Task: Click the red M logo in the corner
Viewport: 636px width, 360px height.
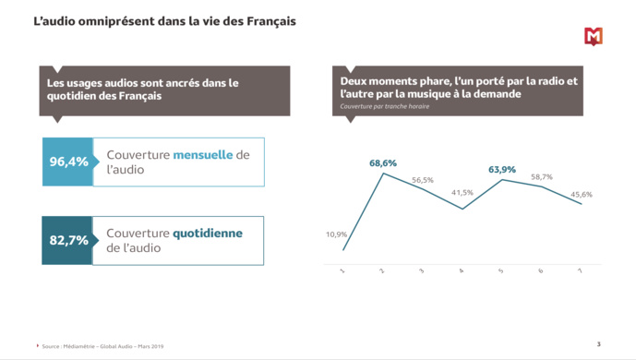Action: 594,37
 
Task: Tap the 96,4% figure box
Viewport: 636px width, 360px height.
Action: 68,162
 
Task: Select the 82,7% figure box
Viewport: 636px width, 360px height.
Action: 68,240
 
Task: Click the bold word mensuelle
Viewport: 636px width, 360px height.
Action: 203,155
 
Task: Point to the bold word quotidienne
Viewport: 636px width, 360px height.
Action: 208,234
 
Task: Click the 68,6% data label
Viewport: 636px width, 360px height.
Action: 383,163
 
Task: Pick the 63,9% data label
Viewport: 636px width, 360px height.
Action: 502,170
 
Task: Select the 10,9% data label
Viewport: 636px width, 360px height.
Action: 336,234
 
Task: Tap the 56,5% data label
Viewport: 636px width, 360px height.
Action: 423,180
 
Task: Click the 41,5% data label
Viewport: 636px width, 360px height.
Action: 462,193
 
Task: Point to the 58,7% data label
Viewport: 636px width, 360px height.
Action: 542,176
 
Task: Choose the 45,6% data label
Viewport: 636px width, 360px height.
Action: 582,194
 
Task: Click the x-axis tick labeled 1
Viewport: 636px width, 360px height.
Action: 342,271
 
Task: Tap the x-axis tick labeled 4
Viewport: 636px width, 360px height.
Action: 462,271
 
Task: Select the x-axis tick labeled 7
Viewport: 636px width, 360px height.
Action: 581,271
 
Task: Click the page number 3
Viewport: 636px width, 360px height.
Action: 598,343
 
